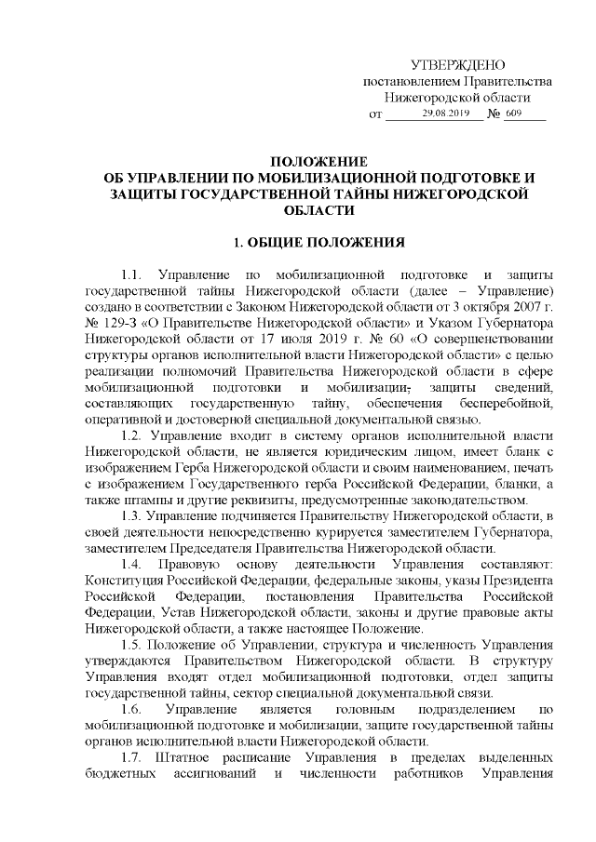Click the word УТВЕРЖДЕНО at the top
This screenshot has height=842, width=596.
pyautogui.click(x=457, y=64)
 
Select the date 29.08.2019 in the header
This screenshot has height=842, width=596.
pyautogui.click(x=447, y=114)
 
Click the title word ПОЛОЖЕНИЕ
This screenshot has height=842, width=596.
pyautogui.click(x=318, y=162)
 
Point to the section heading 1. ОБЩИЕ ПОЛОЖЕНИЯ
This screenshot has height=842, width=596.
pyautogui.click(x=318, y=244)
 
